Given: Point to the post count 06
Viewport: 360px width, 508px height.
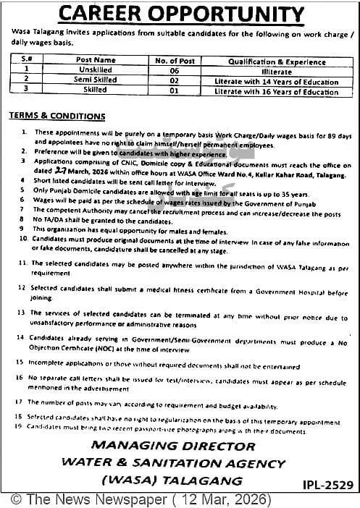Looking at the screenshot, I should point(172,70).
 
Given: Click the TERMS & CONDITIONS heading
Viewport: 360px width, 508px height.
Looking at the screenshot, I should point(57,117).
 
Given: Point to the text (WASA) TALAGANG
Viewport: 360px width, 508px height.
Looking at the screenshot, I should point(172,480).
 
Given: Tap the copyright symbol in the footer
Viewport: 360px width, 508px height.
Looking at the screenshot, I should point(15,499).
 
